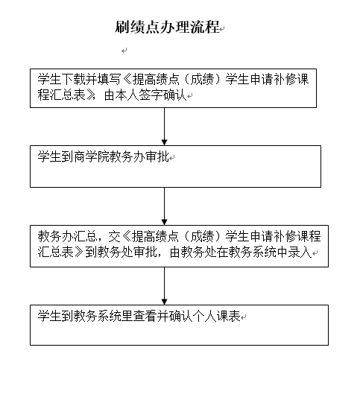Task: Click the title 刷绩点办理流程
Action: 167,27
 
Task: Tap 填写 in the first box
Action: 108,79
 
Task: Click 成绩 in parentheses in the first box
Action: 202,79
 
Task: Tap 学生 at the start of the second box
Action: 49,156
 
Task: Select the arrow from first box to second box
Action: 165,127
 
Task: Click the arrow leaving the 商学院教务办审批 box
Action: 165,206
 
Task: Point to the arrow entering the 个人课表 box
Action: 165,286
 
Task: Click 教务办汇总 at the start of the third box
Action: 66,236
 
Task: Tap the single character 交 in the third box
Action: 114,236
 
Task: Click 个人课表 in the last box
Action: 216,316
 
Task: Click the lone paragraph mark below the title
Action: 124,51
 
